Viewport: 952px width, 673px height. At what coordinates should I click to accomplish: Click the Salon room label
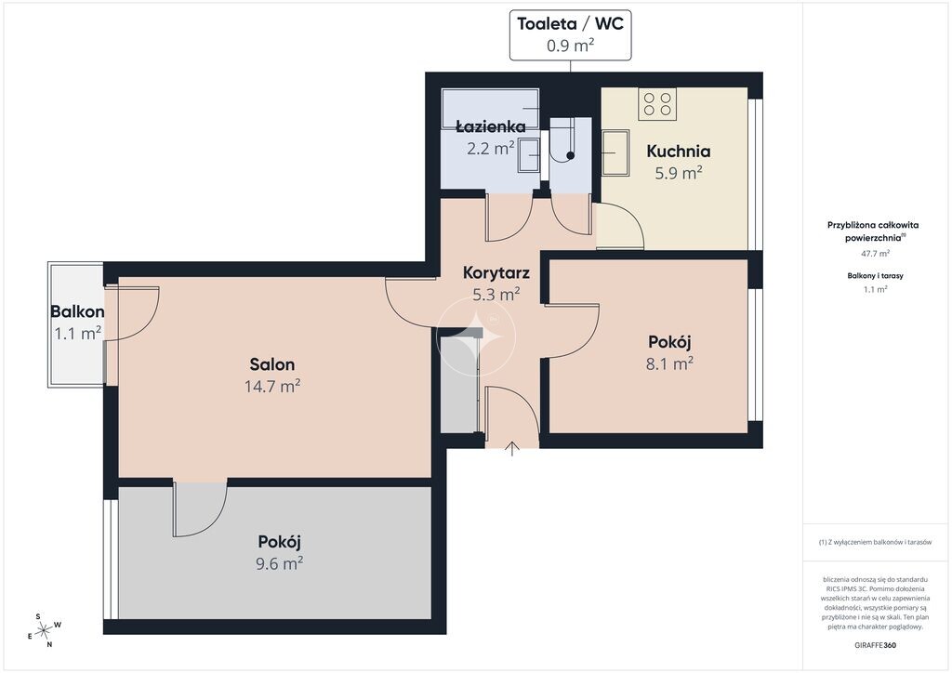tap(272, 364)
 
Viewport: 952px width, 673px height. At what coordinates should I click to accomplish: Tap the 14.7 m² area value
tap(272, 386)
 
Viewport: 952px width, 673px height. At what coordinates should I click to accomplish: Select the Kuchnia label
tap(678, 151)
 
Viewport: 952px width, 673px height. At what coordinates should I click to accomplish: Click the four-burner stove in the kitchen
tap(657, 104)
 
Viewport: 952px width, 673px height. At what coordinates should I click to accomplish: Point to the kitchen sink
tap(615, 152)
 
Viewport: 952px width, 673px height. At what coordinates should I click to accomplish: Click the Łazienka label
tap(491, 126)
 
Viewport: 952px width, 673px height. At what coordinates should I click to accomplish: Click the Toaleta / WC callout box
tap(570, 35)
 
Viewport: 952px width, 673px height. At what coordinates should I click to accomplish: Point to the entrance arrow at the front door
tap(512, 448)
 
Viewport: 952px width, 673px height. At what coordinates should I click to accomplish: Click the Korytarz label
tap(496, 272)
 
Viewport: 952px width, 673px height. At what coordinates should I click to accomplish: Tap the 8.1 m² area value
tap(669, 363)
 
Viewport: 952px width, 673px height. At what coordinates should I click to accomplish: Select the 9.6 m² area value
tap(279, 563)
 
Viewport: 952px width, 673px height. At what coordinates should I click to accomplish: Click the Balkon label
tap(77, 312)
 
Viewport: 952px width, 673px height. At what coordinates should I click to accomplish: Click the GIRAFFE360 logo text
tap(875, 645)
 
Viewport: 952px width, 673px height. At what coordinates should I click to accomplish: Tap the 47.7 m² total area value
tap(876, 253)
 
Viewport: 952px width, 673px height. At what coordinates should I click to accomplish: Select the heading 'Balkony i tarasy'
tap(876, 275)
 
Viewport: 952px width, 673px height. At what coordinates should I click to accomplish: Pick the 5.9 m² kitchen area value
tap(678, 173)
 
